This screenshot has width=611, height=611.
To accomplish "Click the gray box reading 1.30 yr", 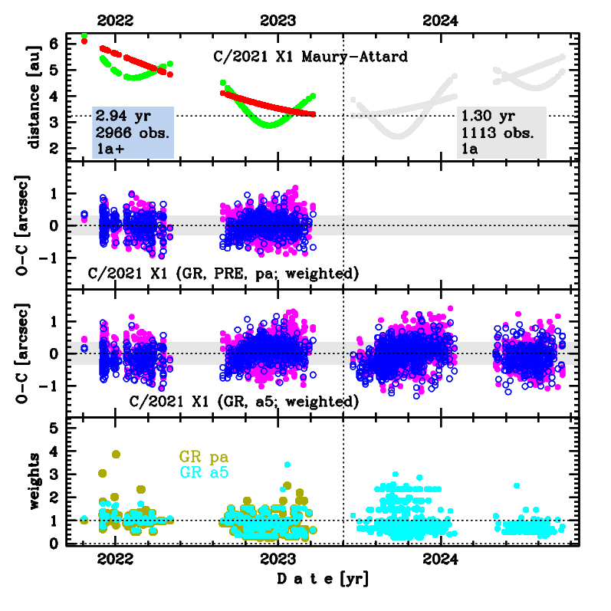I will pyautogui.click(x=501, y=132).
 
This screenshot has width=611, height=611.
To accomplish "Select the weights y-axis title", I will pyautogui.click(x=34, y=481).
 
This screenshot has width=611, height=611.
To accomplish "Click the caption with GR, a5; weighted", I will pyautogui.click(x=245, y=401).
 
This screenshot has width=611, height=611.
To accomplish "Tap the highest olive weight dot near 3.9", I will pyautogui.click(x=116, y=454).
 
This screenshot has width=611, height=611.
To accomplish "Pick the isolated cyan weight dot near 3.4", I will pyautogui.click(x=287, y=465).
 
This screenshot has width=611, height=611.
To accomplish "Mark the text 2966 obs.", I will pyautogui.click(x=133, y=132).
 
